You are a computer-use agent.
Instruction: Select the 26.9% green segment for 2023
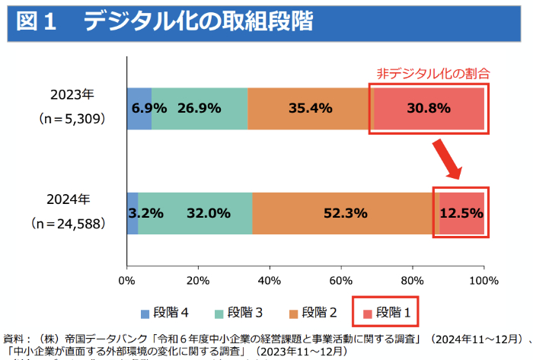[x=199, y=108]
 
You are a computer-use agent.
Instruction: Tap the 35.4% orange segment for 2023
[x=310, y=108]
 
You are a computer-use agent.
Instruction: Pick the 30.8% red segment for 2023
[x=429, y=108]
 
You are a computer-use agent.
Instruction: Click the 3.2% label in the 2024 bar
[x=145, y=213]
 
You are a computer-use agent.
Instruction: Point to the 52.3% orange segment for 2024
[x=346, y=213]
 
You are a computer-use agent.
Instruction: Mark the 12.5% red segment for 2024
[x=461, y=213]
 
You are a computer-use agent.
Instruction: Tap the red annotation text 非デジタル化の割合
[x=432, y=74]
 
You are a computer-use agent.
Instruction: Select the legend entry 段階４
[x=164, y=312]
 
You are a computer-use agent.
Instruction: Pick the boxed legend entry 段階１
[x=388, y=312]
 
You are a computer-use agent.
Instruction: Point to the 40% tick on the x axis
[x=269, y=279]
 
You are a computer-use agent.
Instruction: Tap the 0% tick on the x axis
[x=127, y=279]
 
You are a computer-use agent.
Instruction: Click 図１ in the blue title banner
[x=37, y=22]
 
